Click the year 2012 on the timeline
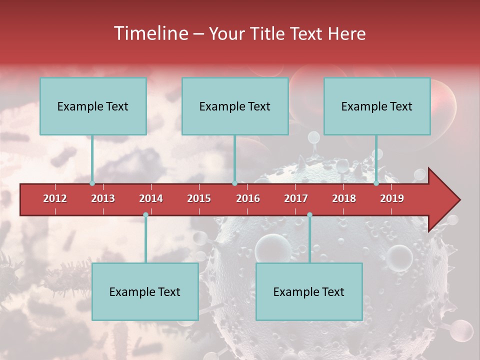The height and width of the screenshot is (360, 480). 55,198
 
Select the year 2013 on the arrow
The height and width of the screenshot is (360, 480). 103,198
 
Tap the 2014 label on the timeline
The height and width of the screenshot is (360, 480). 151,198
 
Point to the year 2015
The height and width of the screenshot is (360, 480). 199,198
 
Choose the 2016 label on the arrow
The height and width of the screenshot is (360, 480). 248,198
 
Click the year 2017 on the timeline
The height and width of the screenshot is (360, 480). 296,198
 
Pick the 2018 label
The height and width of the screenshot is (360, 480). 344,198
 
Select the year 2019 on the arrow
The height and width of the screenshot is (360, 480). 392,198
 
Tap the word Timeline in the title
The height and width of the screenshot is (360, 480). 150,33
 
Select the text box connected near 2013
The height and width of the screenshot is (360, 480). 93,106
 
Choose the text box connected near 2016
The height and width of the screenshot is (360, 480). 235,106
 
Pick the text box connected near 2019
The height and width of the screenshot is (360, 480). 377,106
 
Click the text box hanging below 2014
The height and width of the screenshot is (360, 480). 145,291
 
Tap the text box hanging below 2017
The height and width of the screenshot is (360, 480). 309,291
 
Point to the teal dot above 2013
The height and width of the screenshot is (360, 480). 92,183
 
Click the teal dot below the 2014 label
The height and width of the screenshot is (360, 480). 145,214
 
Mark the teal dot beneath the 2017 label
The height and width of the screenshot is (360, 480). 309,214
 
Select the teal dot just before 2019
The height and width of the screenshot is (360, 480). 376,183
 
